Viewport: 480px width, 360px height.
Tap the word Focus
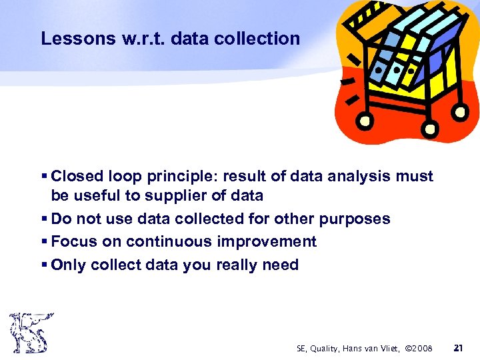click(x=73, y=241)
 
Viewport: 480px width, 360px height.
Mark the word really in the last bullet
click(x=229, y=265)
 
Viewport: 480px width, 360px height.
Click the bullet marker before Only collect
click(x=44, y=265)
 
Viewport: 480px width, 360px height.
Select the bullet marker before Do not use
click(x=44, y=219)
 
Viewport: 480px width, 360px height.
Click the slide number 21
click(x=457, y=348)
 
